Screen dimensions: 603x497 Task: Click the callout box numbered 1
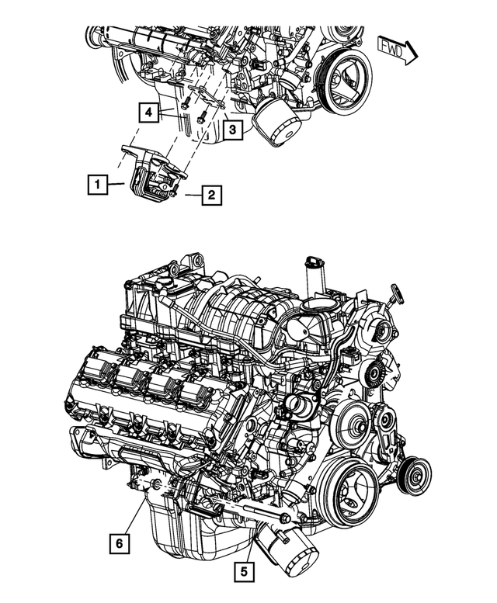point(96,185)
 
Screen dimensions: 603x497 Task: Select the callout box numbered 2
point(210,195)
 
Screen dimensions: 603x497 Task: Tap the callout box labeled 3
point(231,130)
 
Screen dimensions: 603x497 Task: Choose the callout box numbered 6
point(119,545)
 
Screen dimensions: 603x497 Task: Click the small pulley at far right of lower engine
point(414,473)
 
